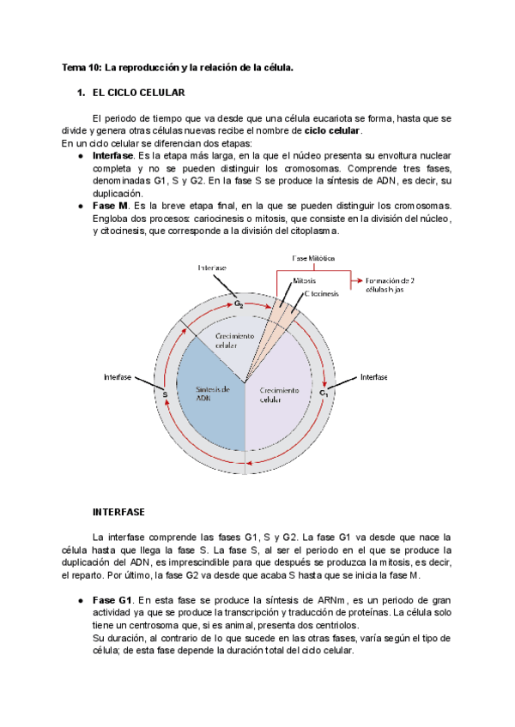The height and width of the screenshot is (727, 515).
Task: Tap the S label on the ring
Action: (x=164, y=394)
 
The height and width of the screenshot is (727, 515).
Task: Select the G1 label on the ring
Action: (x=324, y=394)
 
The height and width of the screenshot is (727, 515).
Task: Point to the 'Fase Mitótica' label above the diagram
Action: (x=313, y=258)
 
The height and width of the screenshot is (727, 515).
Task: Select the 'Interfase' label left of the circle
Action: (x=118, y=377)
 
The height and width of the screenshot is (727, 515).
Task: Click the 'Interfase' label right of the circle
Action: (x=373, y=377)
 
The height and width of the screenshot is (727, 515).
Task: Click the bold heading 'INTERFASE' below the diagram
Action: (x=118, y=511)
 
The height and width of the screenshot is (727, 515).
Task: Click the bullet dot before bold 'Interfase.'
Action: (x=80, y=157)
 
